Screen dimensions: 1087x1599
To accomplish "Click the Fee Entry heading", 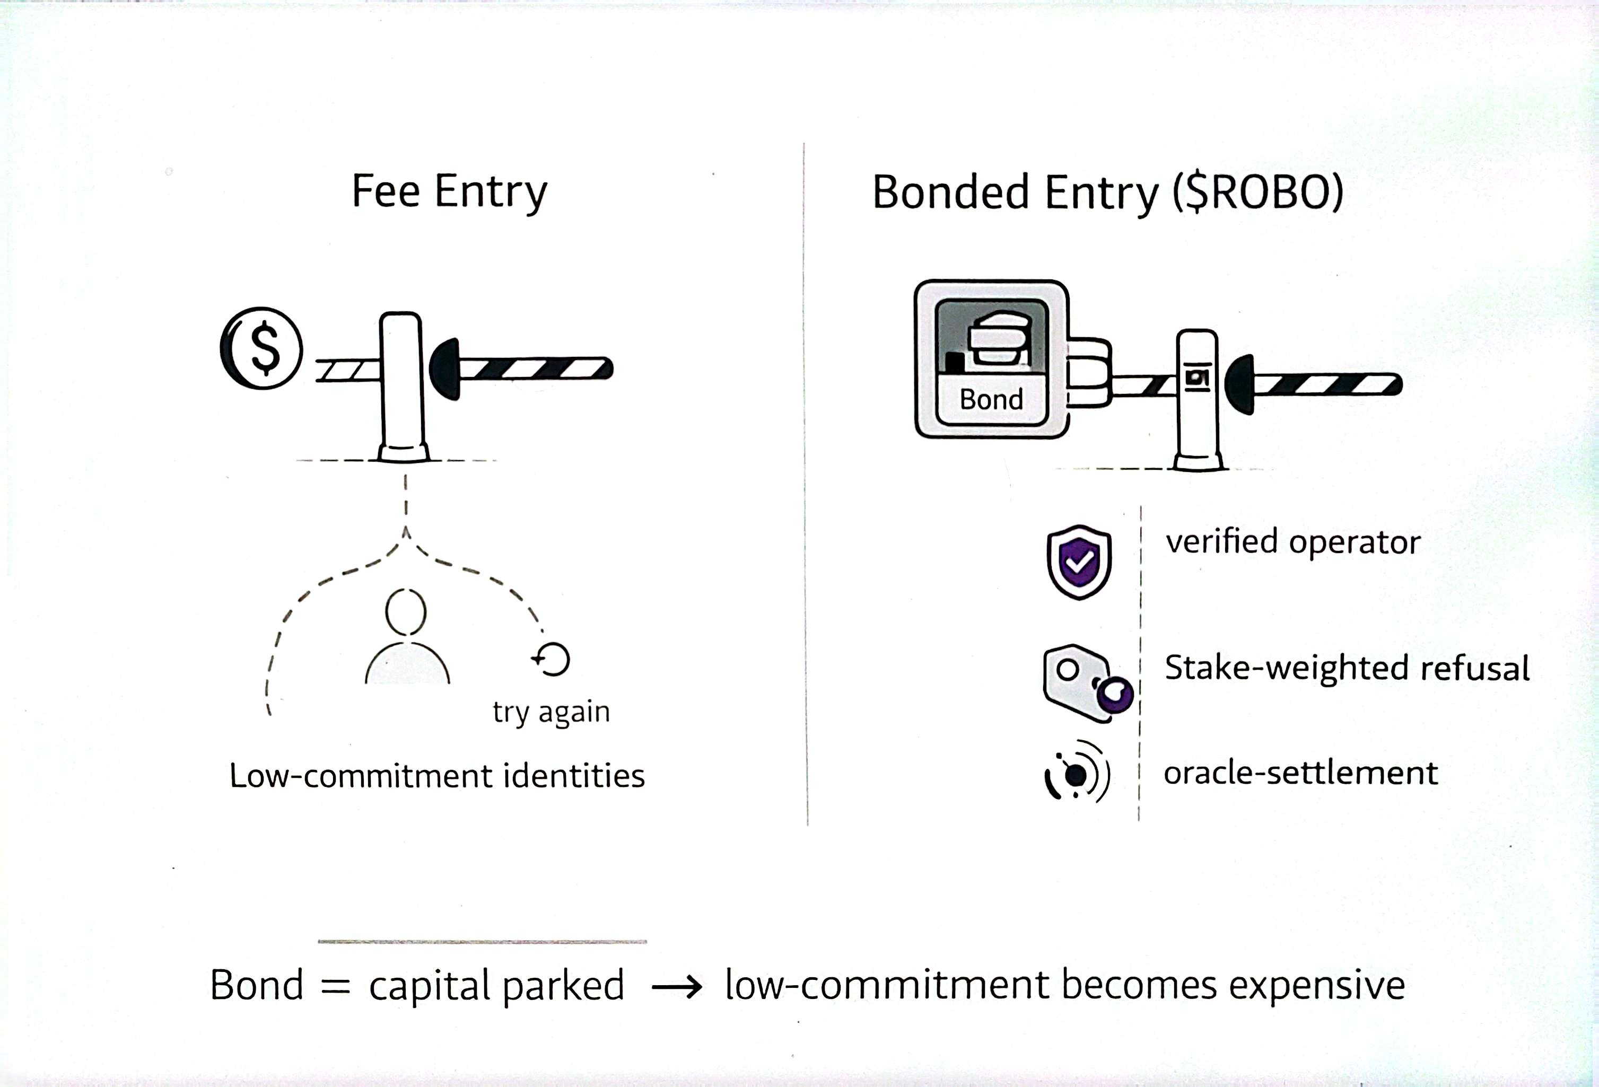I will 449,191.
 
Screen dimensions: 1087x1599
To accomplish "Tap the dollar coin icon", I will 261,348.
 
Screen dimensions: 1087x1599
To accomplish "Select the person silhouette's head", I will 406,611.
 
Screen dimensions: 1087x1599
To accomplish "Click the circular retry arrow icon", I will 552,659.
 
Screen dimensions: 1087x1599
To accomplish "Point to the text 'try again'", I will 551,712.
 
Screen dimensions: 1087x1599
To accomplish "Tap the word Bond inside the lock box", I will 991,400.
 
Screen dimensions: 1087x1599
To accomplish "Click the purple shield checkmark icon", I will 1079,562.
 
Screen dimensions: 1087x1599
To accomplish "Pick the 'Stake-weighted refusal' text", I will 1347,668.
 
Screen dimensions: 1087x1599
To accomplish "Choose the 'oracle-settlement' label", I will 1300,773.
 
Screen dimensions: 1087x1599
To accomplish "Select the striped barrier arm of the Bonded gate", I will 1324,384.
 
